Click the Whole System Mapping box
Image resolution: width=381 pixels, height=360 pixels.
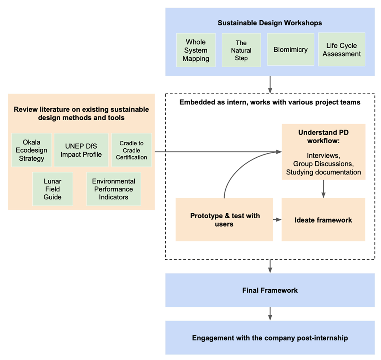196,50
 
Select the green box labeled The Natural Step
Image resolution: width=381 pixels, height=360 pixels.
241,50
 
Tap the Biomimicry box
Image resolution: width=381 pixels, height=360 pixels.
290,49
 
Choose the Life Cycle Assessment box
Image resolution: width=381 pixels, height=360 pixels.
341,50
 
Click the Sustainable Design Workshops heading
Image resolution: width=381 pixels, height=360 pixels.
270,23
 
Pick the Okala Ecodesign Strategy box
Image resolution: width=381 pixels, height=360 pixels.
31,150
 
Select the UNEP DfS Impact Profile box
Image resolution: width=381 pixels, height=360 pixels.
81,150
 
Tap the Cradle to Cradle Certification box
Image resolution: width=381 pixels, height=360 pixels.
131,150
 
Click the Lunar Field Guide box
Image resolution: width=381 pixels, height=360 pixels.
53,189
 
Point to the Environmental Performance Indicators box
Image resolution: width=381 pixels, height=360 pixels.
113,189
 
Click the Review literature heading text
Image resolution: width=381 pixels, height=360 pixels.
81,113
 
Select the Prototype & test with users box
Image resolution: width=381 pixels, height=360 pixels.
224,220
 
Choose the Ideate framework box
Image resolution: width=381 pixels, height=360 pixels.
323,220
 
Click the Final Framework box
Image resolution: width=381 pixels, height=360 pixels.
270,290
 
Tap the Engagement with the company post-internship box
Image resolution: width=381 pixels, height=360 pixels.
270,338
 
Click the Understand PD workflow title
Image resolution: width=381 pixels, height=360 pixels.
323,136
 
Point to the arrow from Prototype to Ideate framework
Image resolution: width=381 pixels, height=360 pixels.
277,220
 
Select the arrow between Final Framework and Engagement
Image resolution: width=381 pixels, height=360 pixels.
270,314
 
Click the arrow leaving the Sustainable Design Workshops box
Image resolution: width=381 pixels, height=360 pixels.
270,84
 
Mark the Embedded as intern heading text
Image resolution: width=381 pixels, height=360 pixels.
270,102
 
